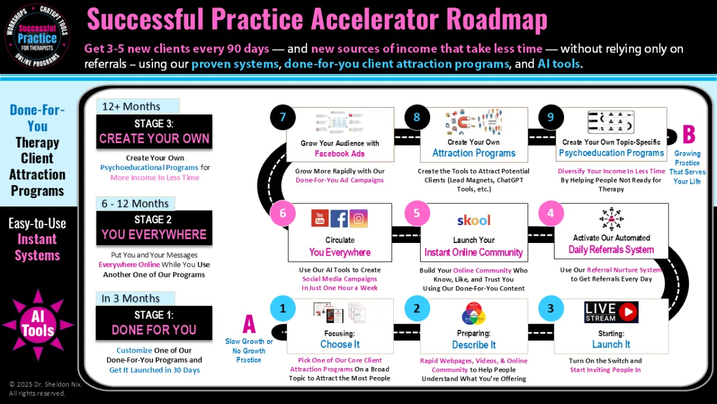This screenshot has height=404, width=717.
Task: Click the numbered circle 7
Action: (283, 117)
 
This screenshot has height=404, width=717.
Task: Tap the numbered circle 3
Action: (550, 309)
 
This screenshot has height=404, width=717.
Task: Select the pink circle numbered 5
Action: (416, 213)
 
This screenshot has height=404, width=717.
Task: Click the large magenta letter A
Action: (249, 325)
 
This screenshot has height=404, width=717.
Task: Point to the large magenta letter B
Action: (688, 135)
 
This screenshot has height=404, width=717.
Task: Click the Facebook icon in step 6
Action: (339, 218)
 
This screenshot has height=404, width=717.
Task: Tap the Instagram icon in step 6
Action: (358, 218)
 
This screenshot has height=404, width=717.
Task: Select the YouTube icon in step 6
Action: (320, 218)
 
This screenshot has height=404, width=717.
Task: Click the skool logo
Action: (473, 220)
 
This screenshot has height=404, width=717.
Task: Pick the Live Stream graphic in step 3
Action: (611, 312)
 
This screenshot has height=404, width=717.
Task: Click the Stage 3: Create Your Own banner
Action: (154, 132)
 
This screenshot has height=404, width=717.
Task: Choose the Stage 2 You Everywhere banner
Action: (154, 227)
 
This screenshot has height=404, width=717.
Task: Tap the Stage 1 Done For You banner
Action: (154, 323)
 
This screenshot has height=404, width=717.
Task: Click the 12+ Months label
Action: (131, 107)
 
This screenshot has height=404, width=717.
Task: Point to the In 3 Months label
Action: (131, 298)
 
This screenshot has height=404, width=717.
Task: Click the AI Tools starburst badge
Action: (38, 324)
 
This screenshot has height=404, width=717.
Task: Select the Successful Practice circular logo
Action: (38, 35)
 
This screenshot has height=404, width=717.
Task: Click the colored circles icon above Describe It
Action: (473, 314)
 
